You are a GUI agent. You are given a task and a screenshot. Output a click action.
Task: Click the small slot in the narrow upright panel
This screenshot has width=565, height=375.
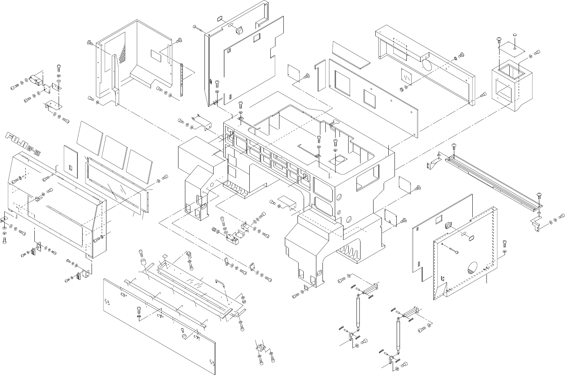(x=71, y=168)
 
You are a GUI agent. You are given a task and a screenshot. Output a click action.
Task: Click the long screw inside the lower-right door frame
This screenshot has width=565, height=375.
(x=451, y=250)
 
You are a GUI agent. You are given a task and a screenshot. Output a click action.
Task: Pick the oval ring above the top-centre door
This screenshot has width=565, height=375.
(x=220, y=19)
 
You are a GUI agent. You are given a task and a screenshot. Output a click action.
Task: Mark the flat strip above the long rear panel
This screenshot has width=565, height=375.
(x=351, y=53)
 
